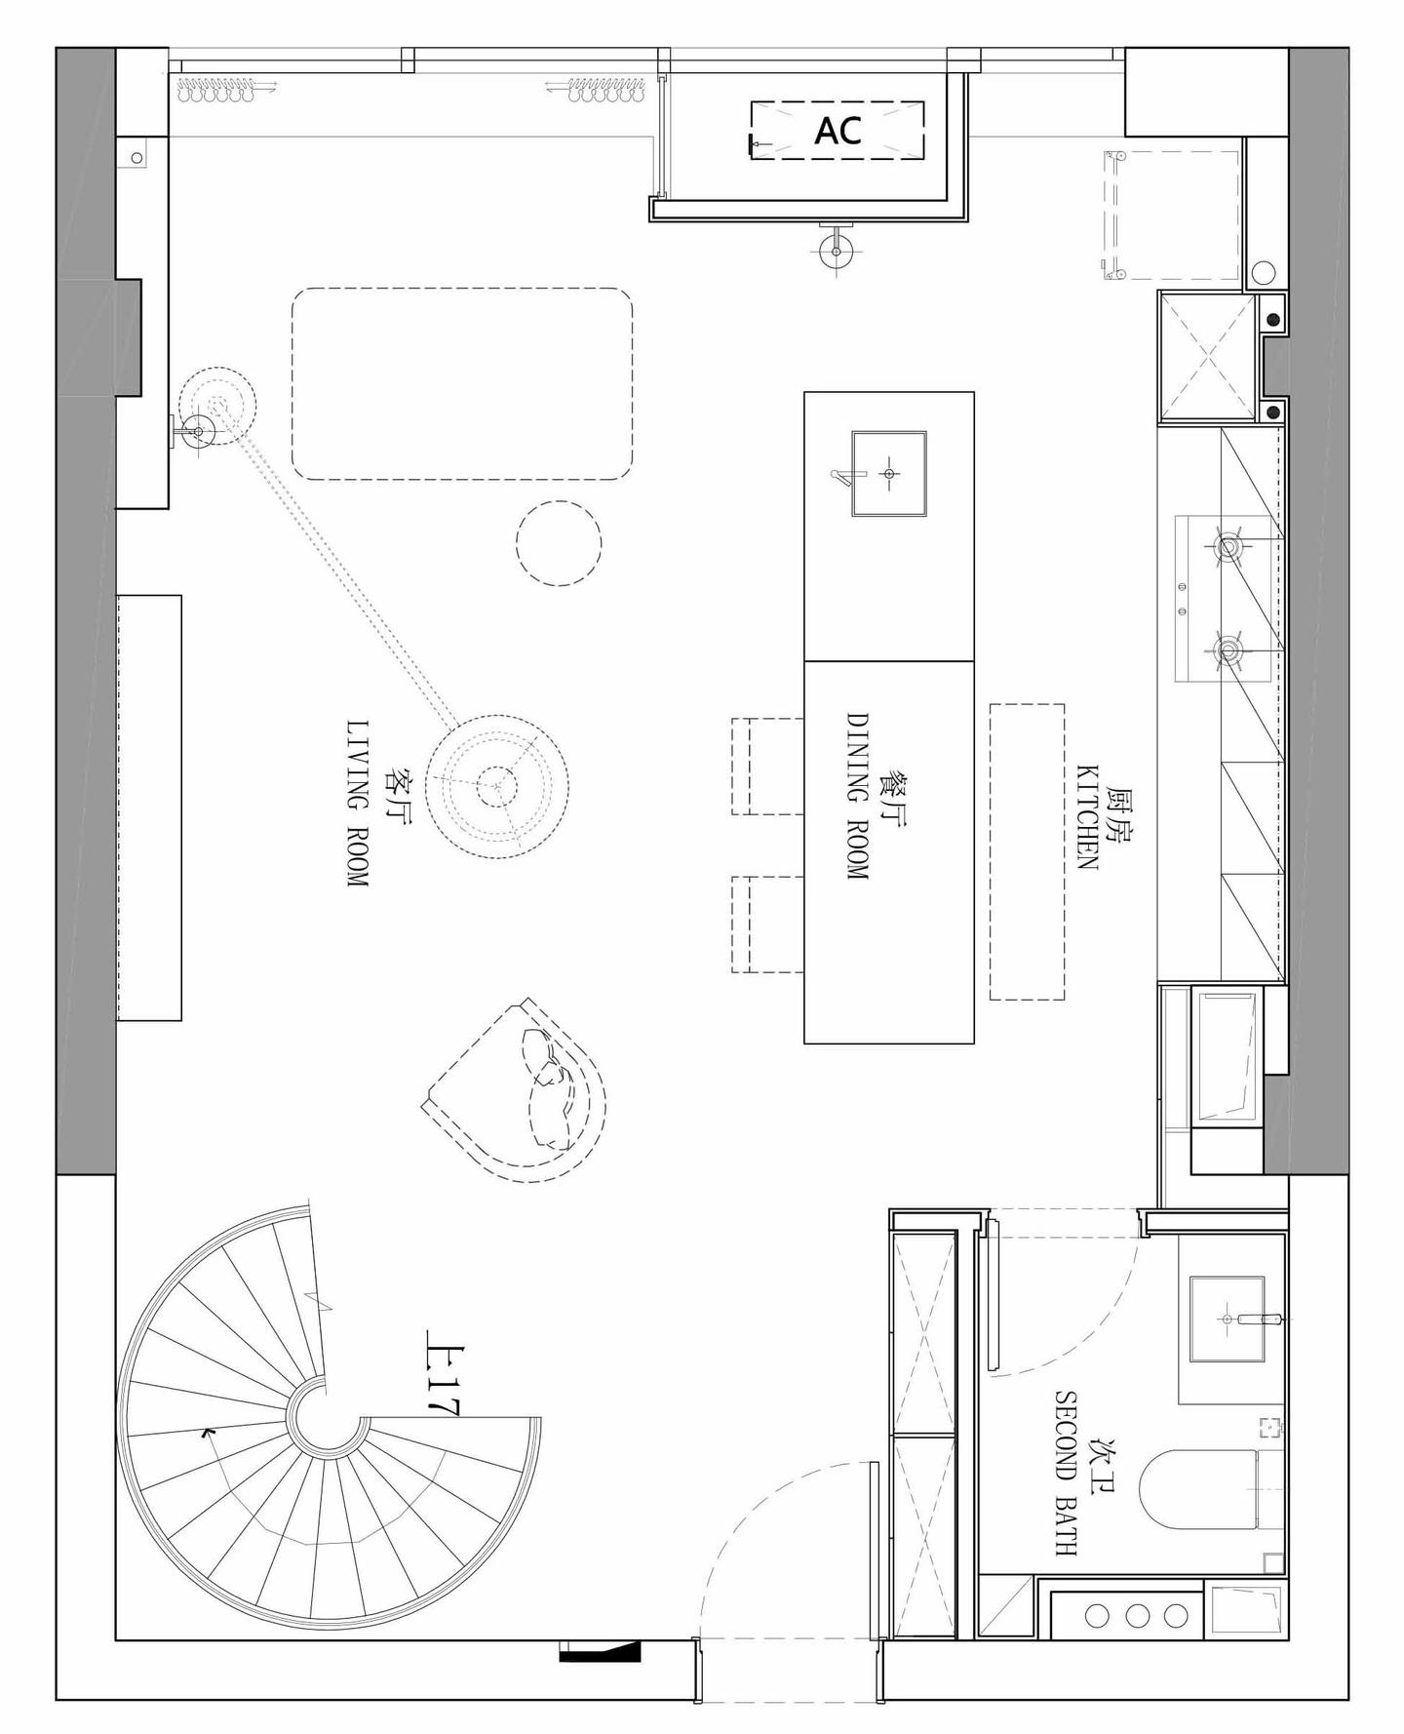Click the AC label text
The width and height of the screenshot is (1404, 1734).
[x=838, y=130]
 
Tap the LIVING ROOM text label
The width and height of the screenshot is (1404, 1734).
[x=358, y=803]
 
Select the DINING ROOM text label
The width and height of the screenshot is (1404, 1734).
[x=857, y=796]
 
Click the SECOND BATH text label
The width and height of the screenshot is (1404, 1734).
[x=1066, y=1472]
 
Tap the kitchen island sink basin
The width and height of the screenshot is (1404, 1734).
[x=888, y=473]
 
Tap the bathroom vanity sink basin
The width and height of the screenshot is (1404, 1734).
[x=1227, y=1319]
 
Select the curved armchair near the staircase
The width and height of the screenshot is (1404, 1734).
[x=517, y=1089]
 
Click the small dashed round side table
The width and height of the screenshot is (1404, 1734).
[x=559, y=543]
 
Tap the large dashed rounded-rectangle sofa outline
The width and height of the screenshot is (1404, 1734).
[x=462, y=383]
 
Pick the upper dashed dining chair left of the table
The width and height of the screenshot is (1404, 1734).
[x=767, y=767]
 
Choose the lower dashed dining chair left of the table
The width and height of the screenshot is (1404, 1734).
[x=767, y=925]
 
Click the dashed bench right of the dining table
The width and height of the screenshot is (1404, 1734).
[x=1027, y=851]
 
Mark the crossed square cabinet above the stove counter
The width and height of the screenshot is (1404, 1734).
[x=1207, y=357]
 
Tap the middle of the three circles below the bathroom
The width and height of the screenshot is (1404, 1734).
[x=1137, y=1615]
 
